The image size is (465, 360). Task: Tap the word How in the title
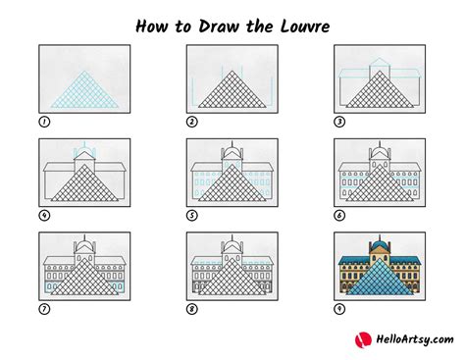(x=149, y=22)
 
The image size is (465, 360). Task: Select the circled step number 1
(x=43, y=122)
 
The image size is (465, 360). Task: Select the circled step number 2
(x=191, y=122)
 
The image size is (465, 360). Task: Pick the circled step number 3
(x=339, y=122)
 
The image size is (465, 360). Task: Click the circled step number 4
(x=43, y=215)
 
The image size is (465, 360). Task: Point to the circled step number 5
(x=191, y=215)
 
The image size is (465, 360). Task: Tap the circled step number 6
(x=339, y=215)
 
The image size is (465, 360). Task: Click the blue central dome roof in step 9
(x=380, y=242)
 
